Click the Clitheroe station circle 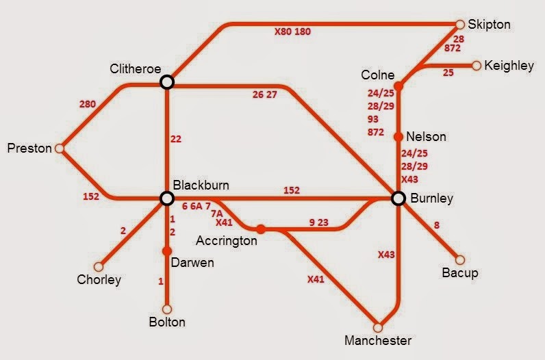click(166, 82)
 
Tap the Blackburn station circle click(166, 198)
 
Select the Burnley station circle click(398, 198)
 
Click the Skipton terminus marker click(460, 24)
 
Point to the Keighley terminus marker click(477, 66)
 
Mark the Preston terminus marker click(60, 149)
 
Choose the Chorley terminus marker click(99, 267)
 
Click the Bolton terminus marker click(166, 309)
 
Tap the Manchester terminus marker click(377, 327)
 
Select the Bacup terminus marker click(459, 260)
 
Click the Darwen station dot click(166, 251)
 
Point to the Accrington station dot click(261, 229)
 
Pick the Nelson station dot click(398, 136)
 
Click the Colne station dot click(398, 86)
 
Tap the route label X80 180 click(292, 31)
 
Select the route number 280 click(87, 105)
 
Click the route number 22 click(177, 140)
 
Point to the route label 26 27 click(264, 95)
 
